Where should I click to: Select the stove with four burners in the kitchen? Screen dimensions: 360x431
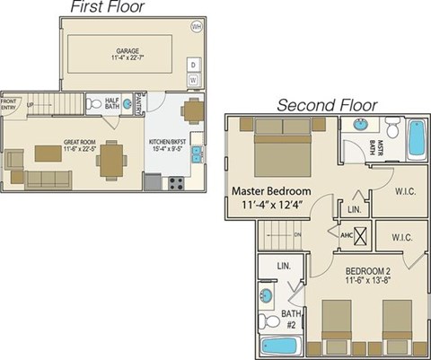176,182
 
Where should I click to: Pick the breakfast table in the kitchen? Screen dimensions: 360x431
190,111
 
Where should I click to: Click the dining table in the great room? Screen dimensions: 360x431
111,159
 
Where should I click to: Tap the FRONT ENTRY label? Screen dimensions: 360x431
8,104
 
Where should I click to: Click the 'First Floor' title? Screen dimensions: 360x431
108,8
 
